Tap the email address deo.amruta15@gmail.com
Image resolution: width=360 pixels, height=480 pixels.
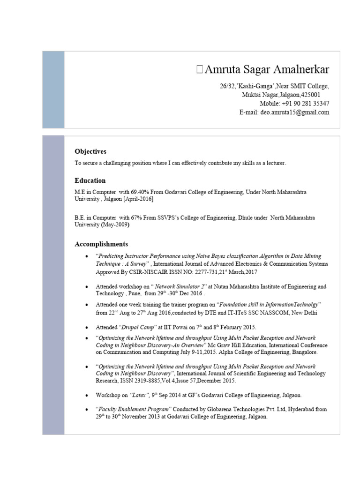pyautogui.click(x=295, y=112)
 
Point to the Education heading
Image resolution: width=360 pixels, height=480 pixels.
pyautogui.click(x=90, y=180)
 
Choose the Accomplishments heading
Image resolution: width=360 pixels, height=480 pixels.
pyautogui.click(x=101, y=244)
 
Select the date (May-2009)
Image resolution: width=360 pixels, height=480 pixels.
pyautogui.click(x=115, y=225)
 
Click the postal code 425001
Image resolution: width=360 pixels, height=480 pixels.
pyautogui.click(x=307, y=95)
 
